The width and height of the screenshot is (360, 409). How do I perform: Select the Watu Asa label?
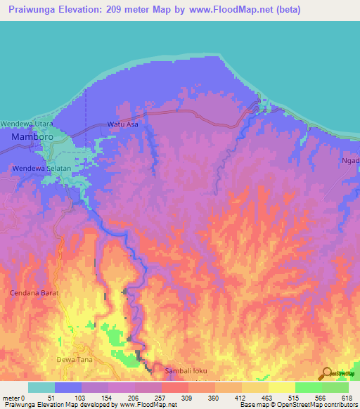(x=122, y=124)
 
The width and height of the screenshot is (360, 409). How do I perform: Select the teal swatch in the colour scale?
(x=41, y=387)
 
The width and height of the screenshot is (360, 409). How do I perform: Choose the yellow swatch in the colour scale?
(x=281, y=387)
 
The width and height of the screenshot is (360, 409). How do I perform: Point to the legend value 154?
(x=108, y=398)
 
